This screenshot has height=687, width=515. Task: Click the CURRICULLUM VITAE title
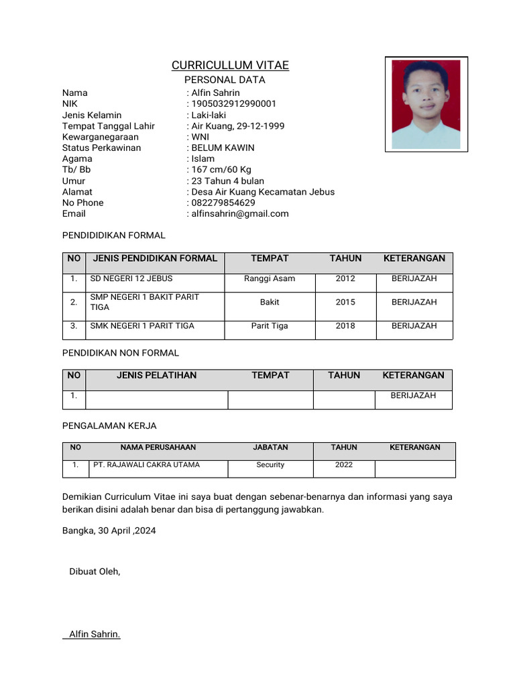click(x=230, y=65)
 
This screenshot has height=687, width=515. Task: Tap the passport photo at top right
click(x=426, y=104)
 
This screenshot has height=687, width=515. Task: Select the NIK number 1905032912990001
click(x=233, y=104)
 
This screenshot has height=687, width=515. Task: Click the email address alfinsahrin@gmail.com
click(x=240, y=213)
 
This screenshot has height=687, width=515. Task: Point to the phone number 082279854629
click(x=223, y=203)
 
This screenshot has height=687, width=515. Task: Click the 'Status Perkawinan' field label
click(x=101, y=148)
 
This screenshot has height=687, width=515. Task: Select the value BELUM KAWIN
click(x=223, y=148)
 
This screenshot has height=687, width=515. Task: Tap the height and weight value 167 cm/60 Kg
click(x=221, y=170)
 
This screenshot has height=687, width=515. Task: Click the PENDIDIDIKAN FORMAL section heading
click(x=113, y=235)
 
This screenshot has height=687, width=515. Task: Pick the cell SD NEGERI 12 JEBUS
click(x=131, y=278)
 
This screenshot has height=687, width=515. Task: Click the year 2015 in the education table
click(x=345, y=302)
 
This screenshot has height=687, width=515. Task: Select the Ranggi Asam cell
click(x=270, y=278)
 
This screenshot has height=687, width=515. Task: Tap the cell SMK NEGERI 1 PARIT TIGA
click(x=142, y=325)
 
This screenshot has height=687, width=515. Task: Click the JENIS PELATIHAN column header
click(x=156, y=376)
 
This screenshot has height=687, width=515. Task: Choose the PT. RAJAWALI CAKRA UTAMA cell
click(x=146, y=464)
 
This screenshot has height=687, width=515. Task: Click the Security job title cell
click(x=270, y=464)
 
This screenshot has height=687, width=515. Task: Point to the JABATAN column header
click(x=270, y=447)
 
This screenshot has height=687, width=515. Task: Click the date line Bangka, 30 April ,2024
click(x=109, y=530)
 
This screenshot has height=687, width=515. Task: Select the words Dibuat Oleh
click(x=95, y=572)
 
